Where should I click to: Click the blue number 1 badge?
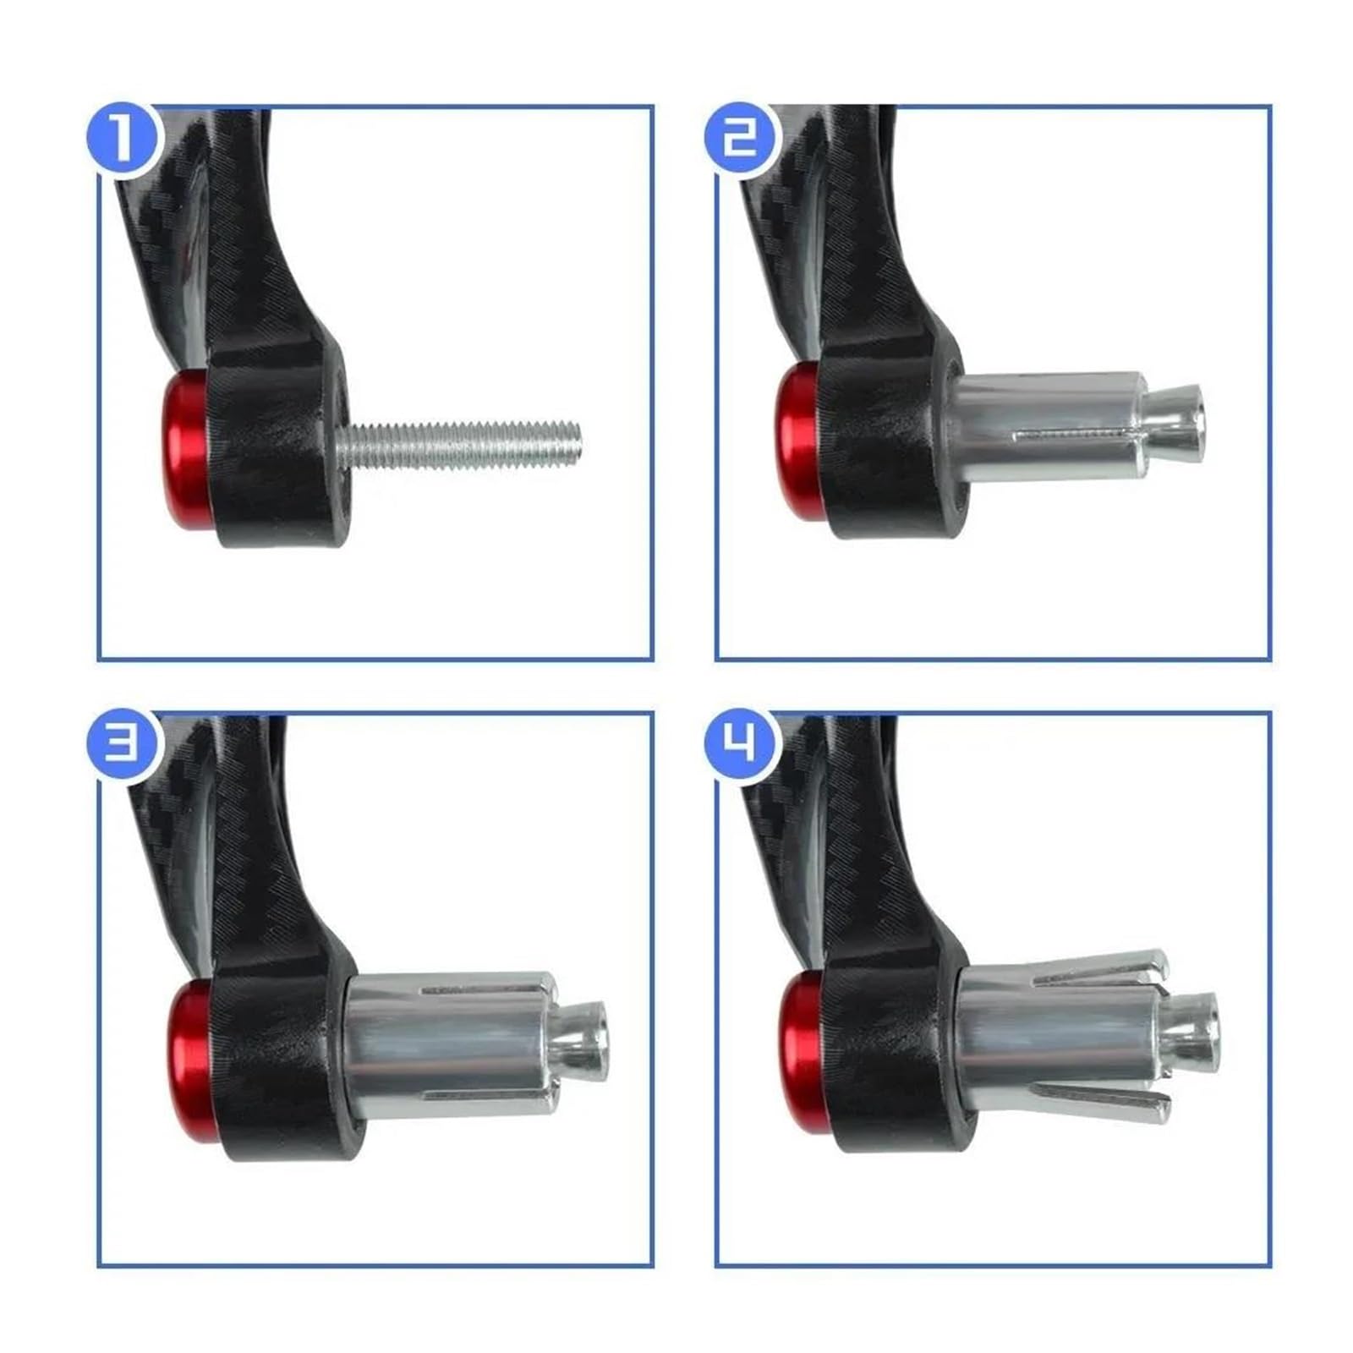pyautogui.click(x=123, y=138)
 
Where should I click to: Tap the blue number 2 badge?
pyautogui.click(x=741, y=138)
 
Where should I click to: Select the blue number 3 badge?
pyautogui.click(x=123, y=744)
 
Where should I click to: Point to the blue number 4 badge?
pyautogui.click(x=741, y=744)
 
